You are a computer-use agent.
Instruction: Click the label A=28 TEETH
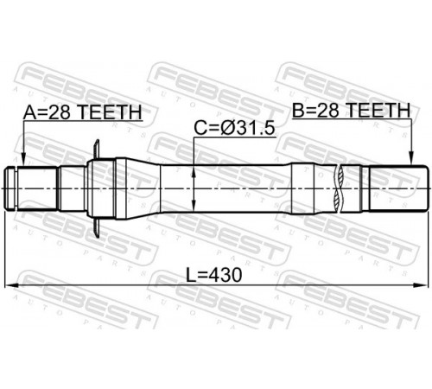point(82,112)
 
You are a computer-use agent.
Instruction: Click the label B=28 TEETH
point(351,110)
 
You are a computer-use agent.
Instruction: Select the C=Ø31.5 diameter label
point(234,128)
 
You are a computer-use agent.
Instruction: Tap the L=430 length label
point(213,275)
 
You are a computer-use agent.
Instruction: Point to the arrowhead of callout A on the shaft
point(24,161)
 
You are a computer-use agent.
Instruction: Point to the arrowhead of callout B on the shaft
point(411,159)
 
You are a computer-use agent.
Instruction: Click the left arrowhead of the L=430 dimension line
point(11,285)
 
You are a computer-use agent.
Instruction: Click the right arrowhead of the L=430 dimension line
point(420,285)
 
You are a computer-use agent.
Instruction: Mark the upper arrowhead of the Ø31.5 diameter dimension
point(194,172)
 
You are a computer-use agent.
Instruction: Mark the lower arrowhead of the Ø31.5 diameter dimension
point(194,206)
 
